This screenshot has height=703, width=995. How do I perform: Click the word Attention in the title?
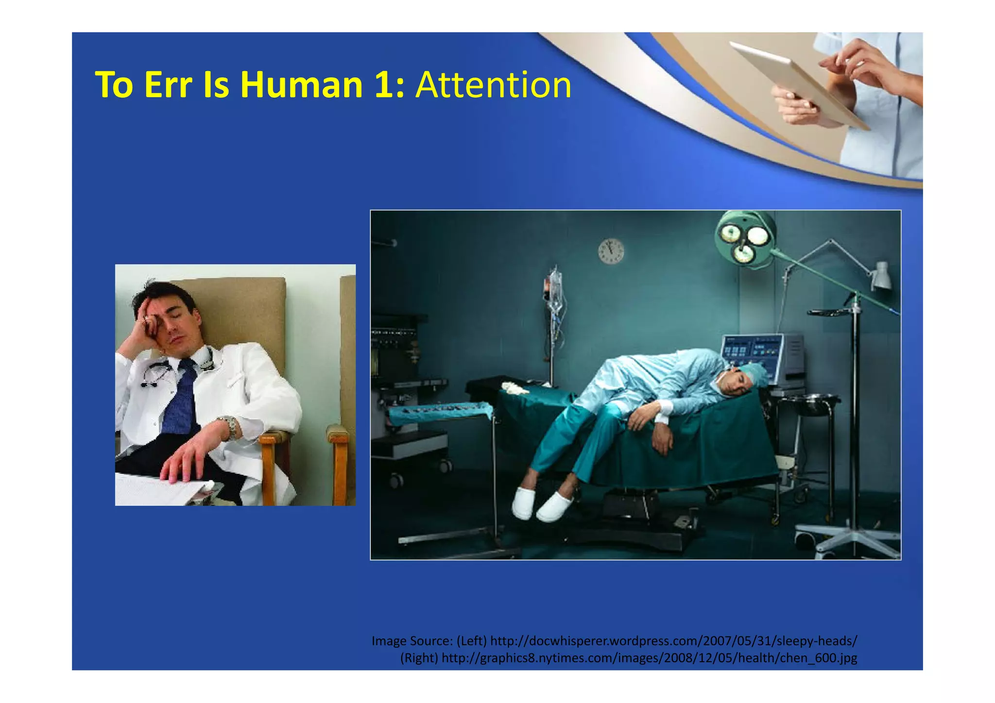493,85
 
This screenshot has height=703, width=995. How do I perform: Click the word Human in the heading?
301,85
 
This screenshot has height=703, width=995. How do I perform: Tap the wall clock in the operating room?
611,251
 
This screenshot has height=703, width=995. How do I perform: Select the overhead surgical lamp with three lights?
745,238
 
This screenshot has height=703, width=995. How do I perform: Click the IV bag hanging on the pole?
555,289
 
